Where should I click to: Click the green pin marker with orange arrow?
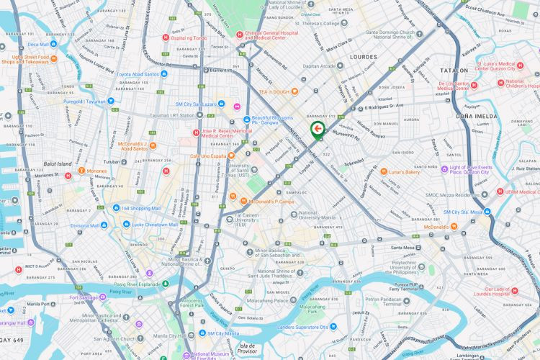point(317,130)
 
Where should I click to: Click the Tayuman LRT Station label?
point(176,115)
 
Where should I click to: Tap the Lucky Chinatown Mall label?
point(155,225)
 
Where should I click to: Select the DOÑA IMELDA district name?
point(472,115)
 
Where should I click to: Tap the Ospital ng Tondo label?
point(189,37)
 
